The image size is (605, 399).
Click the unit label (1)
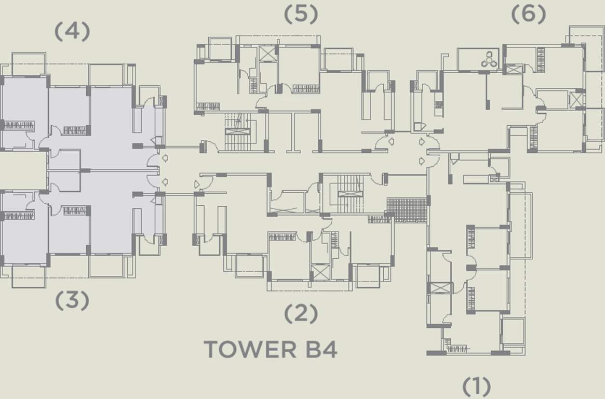click(477, 386)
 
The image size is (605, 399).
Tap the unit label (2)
click(301, 313)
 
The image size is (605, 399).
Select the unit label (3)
click(72, 300)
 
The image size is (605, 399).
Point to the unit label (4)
click(72, 31)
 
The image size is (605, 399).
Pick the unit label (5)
click(301, 14)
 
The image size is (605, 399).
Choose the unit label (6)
click(529, 14)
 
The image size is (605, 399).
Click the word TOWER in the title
click(250, 349)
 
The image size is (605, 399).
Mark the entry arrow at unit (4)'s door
click(165, 158)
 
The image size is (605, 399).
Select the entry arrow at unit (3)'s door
click(165, 182)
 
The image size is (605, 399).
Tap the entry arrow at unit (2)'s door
click(197, 184)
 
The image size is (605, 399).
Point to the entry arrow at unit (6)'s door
click(422, 142)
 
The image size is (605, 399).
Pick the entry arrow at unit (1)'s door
click(422, 161)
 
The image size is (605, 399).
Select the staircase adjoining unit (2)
click(348, 194)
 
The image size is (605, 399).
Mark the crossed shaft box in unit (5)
click(267, 54)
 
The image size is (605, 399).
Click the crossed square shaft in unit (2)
click(320, 272)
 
